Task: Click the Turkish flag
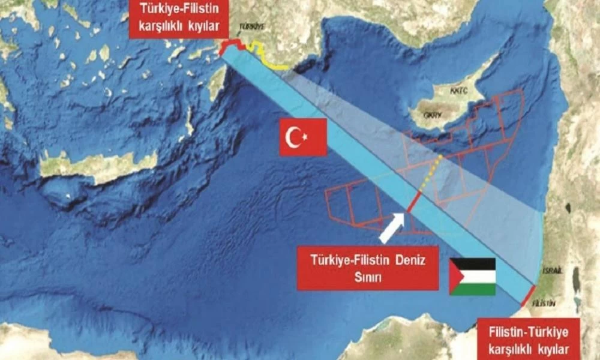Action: pos(303,137)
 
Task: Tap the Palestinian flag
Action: pos(472,277)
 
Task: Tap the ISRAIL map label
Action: pos(553,271)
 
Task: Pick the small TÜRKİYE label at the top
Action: pos(251,27)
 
